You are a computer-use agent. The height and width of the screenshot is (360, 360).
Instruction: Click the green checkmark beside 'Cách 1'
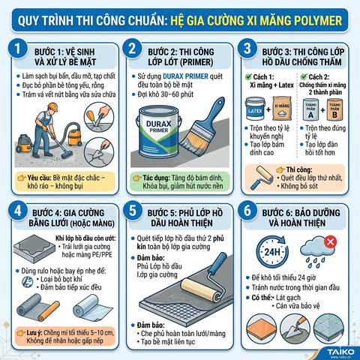pyautogui.click(x=250, y=76)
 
